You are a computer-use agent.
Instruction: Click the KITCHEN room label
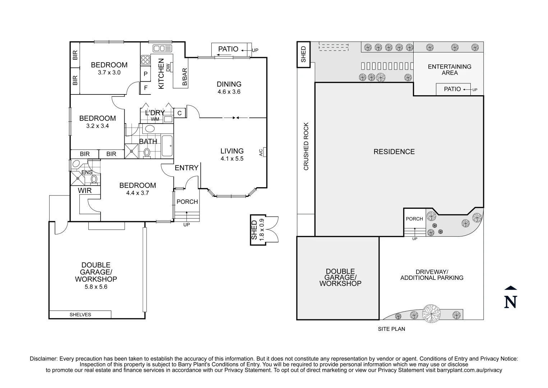coord(161,74)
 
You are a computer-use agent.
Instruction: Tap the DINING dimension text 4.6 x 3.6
coord(229,92)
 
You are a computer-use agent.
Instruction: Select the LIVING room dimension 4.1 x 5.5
coord(232,159)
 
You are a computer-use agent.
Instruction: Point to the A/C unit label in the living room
coord(261,152)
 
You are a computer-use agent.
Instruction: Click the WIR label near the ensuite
coord(85,191)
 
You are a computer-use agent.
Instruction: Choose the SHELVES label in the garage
coord(80,315)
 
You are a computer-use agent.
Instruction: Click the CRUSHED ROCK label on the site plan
coord(306,147)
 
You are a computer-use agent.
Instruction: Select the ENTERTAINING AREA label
coord(450,70)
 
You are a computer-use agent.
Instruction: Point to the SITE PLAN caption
coord(391,329)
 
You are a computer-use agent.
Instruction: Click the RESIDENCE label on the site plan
coord(394,152)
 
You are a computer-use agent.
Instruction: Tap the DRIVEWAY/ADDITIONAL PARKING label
coord(432,275)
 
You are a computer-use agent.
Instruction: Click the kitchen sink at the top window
coord(162,48)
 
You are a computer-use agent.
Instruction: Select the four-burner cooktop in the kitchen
coord(146,60)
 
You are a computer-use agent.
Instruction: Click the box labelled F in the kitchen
coord(146,88)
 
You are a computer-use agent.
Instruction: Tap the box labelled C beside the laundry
coord(180,113)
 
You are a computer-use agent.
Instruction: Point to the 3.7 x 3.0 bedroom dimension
coord(109,73)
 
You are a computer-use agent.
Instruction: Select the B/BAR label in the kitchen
coord(185,77)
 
